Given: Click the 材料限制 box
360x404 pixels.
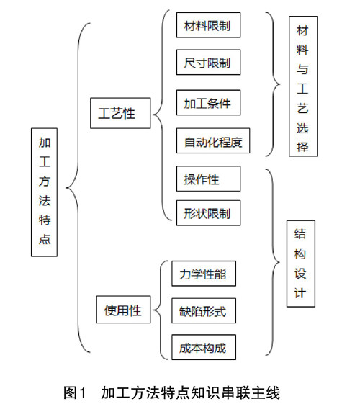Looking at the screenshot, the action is (208, 24).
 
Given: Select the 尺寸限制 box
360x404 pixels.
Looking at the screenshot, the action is (208, 62).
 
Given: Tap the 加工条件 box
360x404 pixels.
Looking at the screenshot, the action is (208, 102).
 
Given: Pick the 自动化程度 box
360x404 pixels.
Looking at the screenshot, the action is (213, 140).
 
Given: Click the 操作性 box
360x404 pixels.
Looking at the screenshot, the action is (208, 179).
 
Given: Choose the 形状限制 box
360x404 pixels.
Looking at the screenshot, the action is (208, 213).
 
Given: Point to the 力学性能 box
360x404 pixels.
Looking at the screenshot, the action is (204, 274).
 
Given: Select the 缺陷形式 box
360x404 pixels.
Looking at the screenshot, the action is (204, 310).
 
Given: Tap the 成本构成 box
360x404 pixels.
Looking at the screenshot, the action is (204, 347).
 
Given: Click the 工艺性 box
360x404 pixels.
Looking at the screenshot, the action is (120, 113).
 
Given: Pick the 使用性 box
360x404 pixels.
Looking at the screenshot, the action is (123, 310).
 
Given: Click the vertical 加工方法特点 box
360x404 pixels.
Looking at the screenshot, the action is (44, 192).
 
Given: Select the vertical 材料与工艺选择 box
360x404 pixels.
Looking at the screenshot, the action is (303, 86).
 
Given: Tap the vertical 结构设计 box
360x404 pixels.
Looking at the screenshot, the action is (301, 264).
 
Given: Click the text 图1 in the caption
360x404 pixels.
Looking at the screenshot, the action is (74, 392).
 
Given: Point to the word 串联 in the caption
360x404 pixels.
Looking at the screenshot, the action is (235, 392).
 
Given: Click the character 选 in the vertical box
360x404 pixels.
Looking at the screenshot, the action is (302, 128).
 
